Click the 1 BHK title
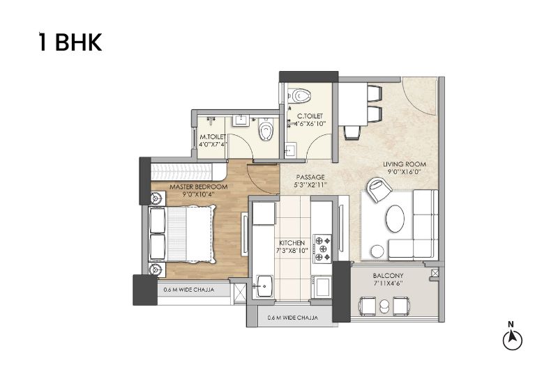[x=70, y=42]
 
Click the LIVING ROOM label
[x=405, y=164]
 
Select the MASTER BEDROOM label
[x=199, y=187]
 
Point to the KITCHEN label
[x=292, y=242]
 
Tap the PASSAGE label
[x=310, y=177]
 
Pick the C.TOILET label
[x=310, y=116]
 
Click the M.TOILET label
[x=213, y=136]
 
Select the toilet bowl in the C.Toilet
[x=299, y=95]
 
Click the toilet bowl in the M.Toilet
[x=266, y=129]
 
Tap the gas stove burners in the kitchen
[x=322, y=249]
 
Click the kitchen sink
[x=263, y=286]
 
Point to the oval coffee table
[x=395, y=219]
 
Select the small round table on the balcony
[x=384, y=306]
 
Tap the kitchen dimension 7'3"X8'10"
[x=292, y=251]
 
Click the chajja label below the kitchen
[x=292, y=318]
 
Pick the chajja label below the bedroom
[x=189, y=290]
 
